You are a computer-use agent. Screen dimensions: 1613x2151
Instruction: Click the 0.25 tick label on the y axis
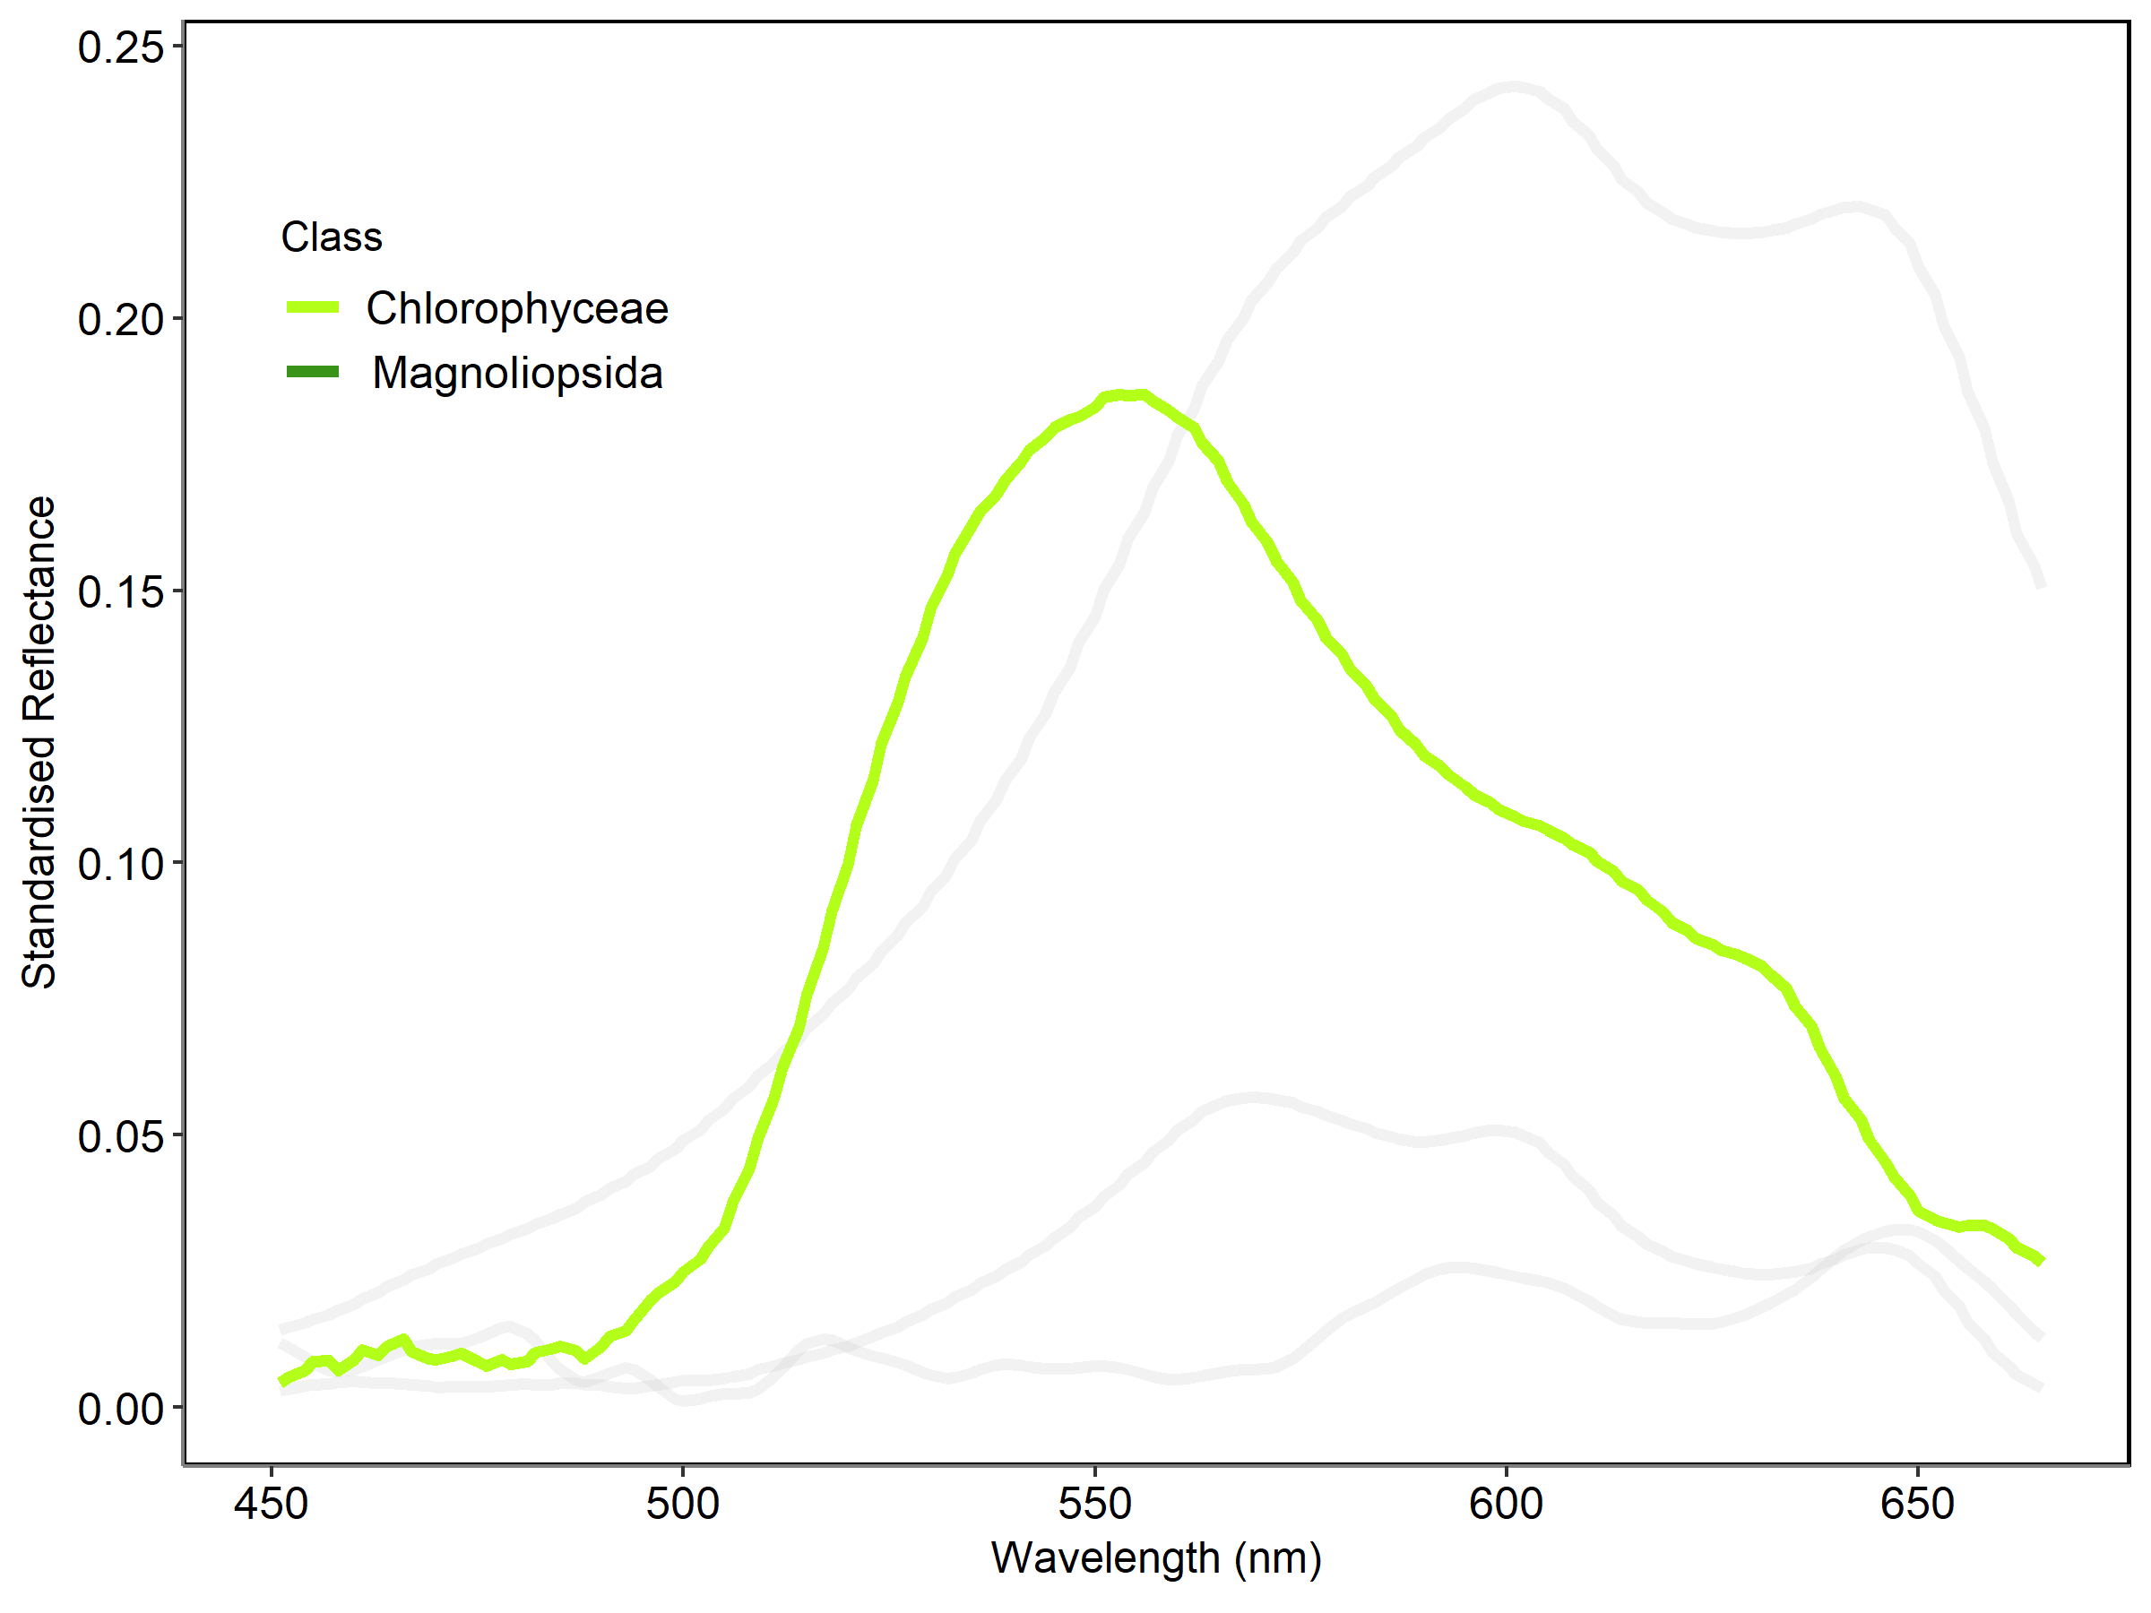(x=121, y=47)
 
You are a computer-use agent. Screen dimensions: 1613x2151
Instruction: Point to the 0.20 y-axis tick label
(x=121, y=320)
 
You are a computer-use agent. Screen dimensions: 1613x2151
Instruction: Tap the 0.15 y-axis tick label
(x=121, y=592)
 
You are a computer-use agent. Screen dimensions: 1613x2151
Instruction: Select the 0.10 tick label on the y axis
(x=121, y=865)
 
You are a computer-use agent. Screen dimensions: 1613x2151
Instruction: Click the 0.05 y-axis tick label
(x=121, y=1136)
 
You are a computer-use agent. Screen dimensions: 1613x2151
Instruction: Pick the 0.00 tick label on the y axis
(x=121, y=1409)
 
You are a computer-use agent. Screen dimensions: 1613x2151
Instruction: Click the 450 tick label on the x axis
(x=272, y=1504)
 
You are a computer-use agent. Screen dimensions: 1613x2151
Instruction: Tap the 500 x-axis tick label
(x=683, y=1504)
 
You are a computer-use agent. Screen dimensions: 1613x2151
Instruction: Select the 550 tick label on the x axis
(x=1095, y=1504)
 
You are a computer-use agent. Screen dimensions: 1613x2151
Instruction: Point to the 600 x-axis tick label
(x=1507, y=1504)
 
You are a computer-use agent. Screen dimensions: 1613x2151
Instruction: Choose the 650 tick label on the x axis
(x=1918, y=1504)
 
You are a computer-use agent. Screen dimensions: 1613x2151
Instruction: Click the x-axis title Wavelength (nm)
(x=1156, y=1558)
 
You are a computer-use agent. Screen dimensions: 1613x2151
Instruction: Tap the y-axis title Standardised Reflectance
(x=39, y=743)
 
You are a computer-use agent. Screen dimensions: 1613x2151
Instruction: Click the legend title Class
(x=332, y=237)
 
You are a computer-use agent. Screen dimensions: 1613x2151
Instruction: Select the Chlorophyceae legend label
(x=517, y=309)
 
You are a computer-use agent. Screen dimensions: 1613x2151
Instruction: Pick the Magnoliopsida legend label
(x=517, y=374)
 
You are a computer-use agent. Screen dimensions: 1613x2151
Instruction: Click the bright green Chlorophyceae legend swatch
(x=312, y=307)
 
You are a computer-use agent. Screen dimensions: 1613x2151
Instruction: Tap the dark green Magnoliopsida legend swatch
(x=312, y=371)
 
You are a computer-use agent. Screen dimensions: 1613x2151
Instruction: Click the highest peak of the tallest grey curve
(x=1512, y=89)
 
